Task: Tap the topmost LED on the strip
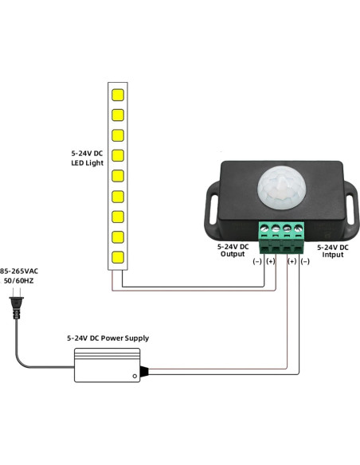[x=117, y=94]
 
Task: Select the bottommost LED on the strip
[x=117, y=257]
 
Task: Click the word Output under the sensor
[x=232, y=254]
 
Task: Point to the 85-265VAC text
[x=19, y=271]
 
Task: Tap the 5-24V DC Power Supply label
[x=108, y=338]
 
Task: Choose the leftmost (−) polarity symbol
[x=256, y=261]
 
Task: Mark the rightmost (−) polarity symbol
[x=305, y=261]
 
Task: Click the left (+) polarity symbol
[x=270, y=261]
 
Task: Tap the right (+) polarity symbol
[x=292, y=261]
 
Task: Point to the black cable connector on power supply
[x=144, y=371]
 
